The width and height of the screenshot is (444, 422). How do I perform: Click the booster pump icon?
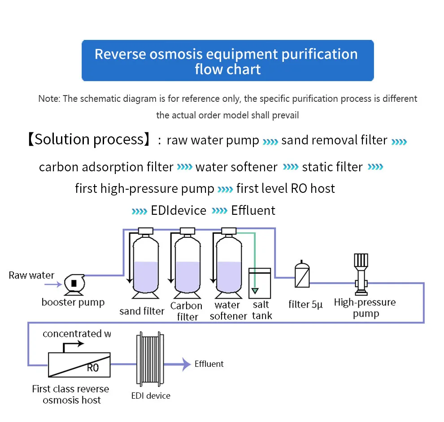pos(72,283)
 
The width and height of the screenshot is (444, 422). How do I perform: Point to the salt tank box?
pos(260,283)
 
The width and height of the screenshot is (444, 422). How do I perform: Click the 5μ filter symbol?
pos(302,274)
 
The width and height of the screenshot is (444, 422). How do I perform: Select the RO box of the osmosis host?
pos(79,364)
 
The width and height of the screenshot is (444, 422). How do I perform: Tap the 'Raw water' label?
pos(31,275)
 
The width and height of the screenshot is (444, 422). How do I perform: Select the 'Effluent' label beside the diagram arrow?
pos(209,364)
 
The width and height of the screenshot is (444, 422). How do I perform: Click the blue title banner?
pos(227,61)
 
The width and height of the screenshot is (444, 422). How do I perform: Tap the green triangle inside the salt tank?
pos(255,291)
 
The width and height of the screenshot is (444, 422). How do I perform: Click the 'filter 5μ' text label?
pos(305,305)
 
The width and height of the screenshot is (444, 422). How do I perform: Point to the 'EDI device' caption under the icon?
pos(151,396)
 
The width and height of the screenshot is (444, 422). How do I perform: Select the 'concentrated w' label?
pos(77,334)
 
